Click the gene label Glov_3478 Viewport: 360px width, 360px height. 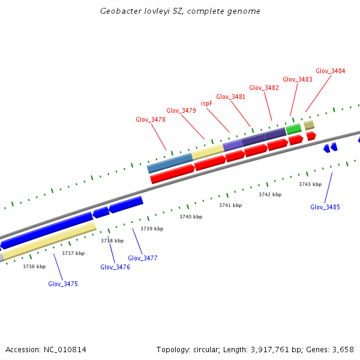click(x=151, y=119)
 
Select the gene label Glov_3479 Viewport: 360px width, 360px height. click(x=181, y=110)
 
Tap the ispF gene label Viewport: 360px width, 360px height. click(x=206, y=103)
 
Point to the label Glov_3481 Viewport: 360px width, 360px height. click(x=231, y=97)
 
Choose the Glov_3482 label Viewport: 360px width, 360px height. click(x=264, y=88)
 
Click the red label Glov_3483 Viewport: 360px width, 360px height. click(x=298, y=79)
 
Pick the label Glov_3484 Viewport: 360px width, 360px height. click(x=330, y=71)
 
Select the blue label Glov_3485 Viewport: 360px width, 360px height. click(x=325, y=207)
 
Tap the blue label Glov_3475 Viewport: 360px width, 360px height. click(x=63, y=284)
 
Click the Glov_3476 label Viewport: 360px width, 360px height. click(x=115, y=267)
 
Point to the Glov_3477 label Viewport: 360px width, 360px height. click(x=143, y=258)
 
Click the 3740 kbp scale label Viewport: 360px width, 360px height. click(x=190, y=216)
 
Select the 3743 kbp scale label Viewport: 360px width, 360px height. click(x=310, y=184)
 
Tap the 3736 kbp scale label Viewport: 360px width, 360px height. click(x=34, y=266)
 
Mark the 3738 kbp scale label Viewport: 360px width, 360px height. click(x=112, y=241)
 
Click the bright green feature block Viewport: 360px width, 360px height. click(x=293, y=129)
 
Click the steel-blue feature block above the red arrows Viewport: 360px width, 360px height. click(x=170, y=162)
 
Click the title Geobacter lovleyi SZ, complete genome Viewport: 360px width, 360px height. click(x=180, y=11)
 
